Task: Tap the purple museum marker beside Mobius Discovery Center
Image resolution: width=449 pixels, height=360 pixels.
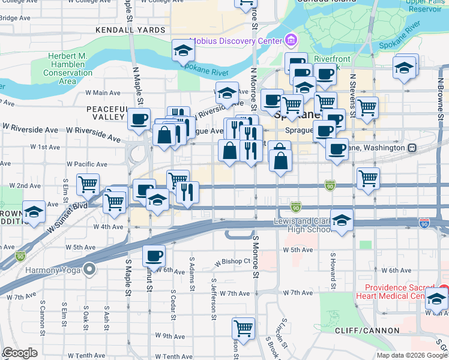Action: (291, 41)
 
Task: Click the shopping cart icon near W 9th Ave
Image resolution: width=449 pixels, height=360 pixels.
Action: (243, 328)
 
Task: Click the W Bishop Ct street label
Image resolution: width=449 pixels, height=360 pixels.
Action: (233, 262)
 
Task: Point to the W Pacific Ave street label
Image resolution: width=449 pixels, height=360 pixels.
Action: (87, 164)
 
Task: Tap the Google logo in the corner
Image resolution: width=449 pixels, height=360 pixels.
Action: (20, 353)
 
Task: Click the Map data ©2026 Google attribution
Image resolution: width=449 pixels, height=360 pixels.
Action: (411, 355)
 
